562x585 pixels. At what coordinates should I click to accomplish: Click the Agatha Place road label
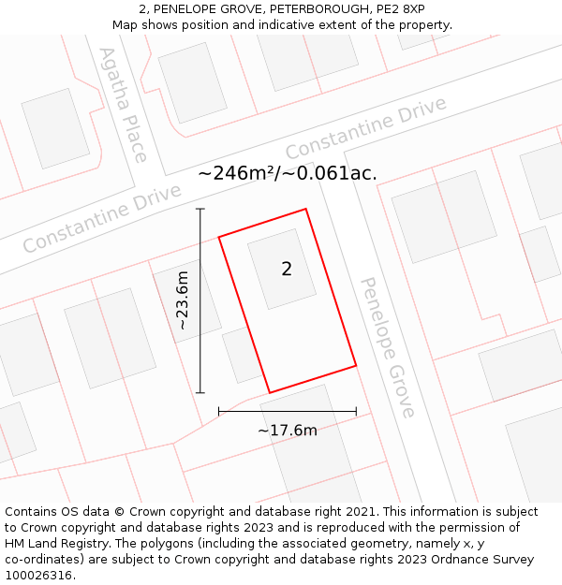[x=123, y=104]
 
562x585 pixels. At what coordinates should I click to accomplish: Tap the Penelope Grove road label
[x=388, y=347]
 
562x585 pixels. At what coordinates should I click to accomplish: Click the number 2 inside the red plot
[x=287, y=269]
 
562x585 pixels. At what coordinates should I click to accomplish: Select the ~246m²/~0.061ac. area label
[x=288, y=173]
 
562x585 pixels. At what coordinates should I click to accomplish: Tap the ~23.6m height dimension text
[x=183, y=300]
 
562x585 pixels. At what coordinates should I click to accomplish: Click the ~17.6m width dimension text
[x=288, y=430]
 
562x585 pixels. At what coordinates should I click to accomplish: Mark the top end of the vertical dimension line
[x=200, y=209]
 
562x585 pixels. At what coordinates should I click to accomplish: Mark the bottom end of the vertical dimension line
[x=200, y=392]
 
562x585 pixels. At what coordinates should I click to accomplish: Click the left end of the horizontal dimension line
[x=218, y=411]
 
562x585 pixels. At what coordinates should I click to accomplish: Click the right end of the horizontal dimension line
[x=356, y=411]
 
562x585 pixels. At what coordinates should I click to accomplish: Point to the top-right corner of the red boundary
[x=305, y=209]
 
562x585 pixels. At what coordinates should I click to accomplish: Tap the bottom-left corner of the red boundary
[x=270, y=392]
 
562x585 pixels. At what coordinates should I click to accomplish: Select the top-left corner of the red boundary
[x=219, y=237]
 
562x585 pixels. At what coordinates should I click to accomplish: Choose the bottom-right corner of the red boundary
[x=356, y=365]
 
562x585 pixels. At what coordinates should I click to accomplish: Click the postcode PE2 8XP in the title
[x=400, y=8]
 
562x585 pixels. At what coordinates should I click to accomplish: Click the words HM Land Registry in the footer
[x=50, y=543]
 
